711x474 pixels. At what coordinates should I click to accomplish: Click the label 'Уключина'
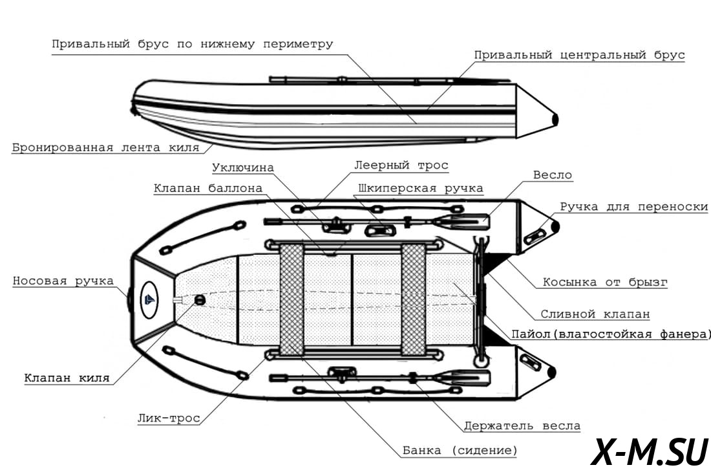(x=242, y=167)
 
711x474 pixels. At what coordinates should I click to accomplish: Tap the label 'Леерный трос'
(x=401, y=166)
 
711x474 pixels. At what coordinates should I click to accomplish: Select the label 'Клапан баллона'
(x=208, y=189)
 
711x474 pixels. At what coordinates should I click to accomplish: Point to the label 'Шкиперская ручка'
(x=420, y=189)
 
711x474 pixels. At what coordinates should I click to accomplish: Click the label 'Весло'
(x=553, y=175)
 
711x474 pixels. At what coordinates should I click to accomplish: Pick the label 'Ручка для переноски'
(x=633, y=208)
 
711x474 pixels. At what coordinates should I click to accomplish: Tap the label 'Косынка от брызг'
(x=605, y=283)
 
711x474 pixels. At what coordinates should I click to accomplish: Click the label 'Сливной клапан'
(x=595, y=314)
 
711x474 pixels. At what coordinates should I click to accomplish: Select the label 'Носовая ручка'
(x=63, y=281)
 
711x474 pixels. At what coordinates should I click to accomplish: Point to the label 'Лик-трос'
(x=169, y=418)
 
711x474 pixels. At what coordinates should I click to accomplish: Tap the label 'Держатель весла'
(x=522, y=426)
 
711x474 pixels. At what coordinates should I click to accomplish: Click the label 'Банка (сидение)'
(x=460, y=450)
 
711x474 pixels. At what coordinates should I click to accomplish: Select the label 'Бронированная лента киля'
(x=105, y=147)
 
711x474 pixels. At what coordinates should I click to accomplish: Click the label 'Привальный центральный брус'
(x=579, y=56)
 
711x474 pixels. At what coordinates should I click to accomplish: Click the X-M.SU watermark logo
(x=650, y=451)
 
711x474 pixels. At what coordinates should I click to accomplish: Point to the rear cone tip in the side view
(x=554, y=119)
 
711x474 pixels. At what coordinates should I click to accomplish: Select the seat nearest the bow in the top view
(x=292, y=299)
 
